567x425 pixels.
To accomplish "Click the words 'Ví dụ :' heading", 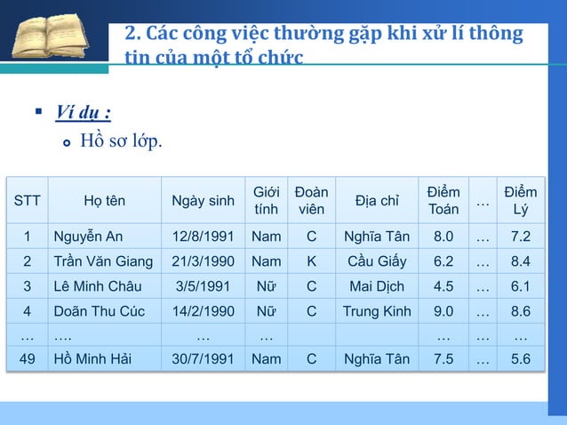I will tap(83, 113).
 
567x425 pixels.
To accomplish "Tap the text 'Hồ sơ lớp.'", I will tap(122, 140).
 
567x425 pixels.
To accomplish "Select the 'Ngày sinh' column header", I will tap(203, 201).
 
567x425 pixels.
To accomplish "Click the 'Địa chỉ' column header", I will tap(377, 201).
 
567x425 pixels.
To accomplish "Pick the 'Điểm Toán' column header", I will tap(443, 201).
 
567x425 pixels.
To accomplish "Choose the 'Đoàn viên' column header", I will tap(311, 201).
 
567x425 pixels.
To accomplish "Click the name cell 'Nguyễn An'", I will tap(88, 237).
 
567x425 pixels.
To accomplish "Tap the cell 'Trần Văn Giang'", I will tap(103, 261).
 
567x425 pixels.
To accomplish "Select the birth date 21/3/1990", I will tap(203, 261).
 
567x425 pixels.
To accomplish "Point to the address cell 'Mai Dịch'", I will tap(377, 286).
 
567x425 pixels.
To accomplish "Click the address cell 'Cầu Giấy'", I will tap(377, 261).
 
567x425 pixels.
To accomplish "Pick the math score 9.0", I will tap(443, 311).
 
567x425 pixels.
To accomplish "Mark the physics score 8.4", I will tap(521, 261).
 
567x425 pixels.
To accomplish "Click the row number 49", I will tap(28, 359).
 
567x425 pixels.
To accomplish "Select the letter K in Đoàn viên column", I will tap(311, 261).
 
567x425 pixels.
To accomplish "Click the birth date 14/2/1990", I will tap(203, 311).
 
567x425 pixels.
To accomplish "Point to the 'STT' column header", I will tap(28, 201).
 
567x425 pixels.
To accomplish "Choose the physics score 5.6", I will tap(521, 359).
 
